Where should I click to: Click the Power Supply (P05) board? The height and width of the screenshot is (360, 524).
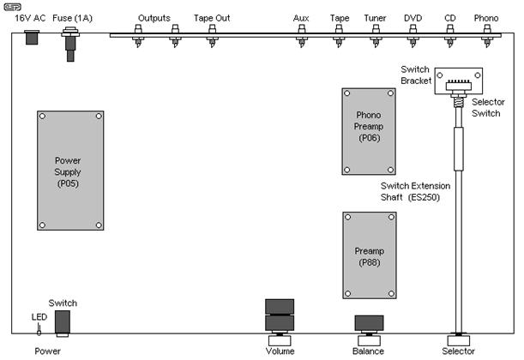point(70,171)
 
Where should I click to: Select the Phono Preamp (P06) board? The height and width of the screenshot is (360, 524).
point(369,131)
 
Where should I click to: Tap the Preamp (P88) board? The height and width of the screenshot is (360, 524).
point(370,255)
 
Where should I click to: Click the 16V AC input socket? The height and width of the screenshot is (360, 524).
point(32,37)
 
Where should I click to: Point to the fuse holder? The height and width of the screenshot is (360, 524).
point(70,44)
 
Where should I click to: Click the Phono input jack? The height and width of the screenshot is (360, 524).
point(487,36)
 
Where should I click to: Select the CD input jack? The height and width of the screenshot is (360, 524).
point(449,36)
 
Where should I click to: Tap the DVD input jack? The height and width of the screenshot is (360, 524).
point(413,36)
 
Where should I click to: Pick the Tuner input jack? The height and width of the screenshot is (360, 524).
point(376,36)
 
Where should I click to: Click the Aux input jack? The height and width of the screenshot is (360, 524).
point(302,36)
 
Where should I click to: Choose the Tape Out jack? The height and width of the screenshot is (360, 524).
point(212,36)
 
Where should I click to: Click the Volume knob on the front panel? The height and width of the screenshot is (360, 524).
point(280,340)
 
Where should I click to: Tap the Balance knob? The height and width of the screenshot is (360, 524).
point(369,340)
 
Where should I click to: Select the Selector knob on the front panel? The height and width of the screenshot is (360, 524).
point(459,340)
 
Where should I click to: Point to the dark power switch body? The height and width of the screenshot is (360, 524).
point(63,321)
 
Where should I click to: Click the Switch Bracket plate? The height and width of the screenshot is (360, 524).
point(459,81)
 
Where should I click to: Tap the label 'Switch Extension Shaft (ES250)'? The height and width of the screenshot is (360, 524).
point(415,191)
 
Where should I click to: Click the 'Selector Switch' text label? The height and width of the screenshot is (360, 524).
point(488,107)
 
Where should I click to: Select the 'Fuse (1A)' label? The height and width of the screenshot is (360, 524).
point(73,18)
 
